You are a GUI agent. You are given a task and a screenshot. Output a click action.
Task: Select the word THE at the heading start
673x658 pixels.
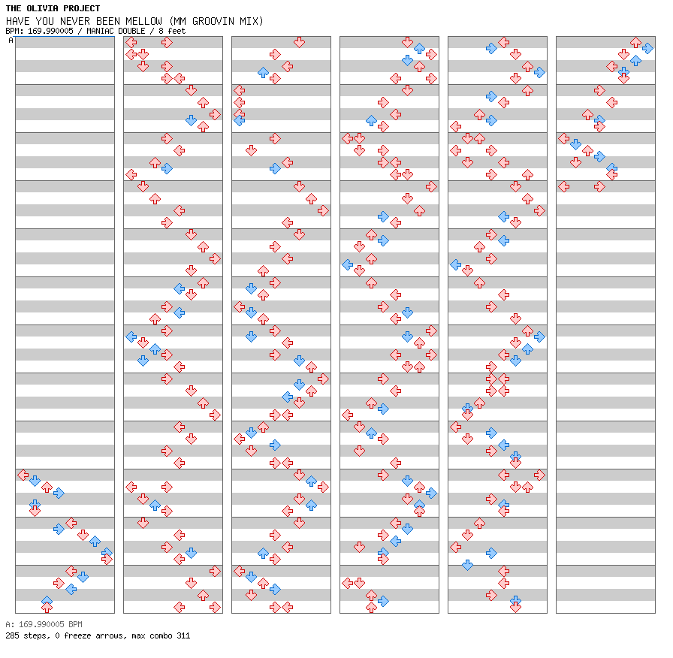pyautogui.click(x=14, y=8)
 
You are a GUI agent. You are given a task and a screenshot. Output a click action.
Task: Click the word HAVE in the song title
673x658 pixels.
pyautogui.click(x=17, y=21)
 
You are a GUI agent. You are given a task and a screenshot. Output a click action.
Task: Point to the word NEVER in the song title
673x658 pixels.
pyautogui.click(x=74, y=21)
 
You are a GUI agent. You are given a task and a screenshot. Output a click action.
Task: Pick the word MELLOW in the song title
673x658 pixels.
pyautogui.click(x=146, y=21)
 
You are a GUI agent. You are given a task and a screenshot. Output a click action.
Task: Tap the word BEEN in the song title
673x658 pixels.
pyautogui.click(x=108, y=21)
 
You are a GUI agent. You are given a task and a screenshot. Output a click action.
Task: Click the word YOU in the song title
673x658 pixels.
pyautogui.click(x=44, y=21)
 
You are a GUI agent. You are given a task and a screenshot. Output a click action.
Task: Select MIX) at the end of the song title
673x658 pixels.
pyautogui.click(x=251, y=21)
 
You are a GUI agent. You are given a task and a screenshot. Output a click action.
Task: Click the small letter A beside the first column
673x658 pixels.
pyautogui.click(x=11, y=41)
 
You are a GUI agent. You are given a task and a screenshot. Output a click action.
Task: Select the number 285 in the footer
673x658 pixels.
pyautogui.click(x=12, y=635)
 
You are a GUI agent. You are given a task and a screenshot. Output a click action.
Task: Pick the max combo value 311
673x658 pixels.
pyautogui.click(x=183, y=635)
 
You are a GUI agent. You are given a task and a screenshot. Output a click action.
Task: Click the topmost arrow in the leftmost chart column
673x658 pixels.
pyautogui.click(x=23, y=475)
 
